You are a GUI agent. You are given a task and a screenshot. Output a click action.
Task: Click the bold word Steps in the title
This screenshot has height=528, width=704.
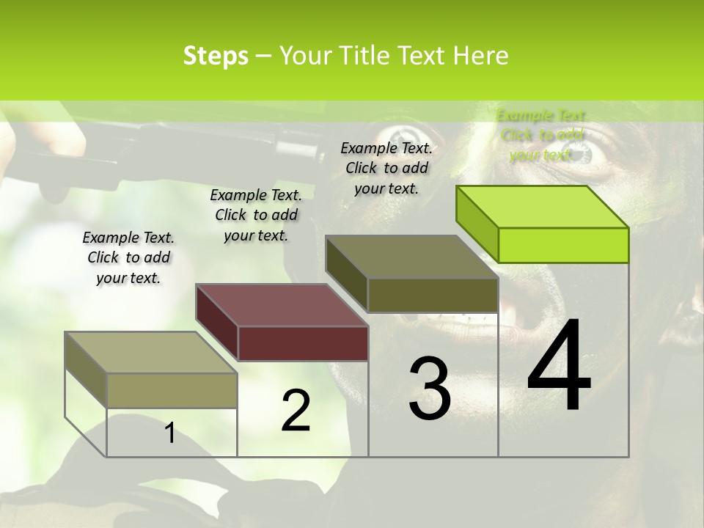coord(216,56)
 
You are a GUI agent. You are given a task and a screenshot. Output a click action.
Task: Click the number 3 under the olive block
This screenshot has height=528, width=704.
coord(430,388)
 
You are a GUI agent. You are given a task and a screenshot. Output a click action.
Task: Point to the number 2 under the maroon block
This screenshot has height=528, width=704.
coord(296,411)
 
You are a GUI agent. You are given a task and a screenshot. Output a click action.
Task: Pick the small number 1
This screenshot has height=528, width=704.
coord(169,433)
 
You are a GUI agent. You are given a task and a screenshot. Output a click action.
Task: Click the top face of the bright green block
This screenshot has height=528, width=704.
coord(541,206)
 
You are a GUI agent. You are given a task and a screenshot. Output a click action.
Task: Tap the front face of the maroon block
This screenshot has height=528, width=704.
coord(303,343)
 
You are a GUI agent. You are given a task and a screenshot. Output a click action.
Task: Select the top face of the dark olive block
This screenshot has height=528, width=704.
coord(411,257)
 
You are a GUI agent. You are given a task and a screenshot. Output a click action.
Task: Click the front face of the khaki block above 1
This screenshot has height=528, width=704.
coord(172,390)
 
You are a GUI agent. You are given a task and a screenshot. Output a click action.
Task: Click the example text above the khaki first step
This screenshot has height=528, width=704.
coord(128,257)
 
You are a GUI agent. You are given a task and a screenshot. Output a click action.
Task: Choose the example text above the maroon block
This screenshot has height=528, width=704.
coord(256,215)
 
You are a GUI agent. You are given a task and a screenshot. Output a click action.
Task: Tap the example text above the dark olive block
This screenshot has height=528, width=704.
coord(386,168)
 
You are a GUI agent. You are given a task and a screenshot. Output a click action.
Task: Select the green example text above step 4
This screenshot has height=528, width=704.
coord(541,135)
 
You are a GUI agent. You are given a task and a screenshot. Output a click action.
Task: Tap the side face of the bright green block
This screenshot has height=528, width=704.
coord(477,224)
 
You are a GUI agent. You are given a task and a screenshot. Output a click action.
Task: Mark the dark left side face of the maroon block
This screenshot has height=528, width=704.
coord(217,322)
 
